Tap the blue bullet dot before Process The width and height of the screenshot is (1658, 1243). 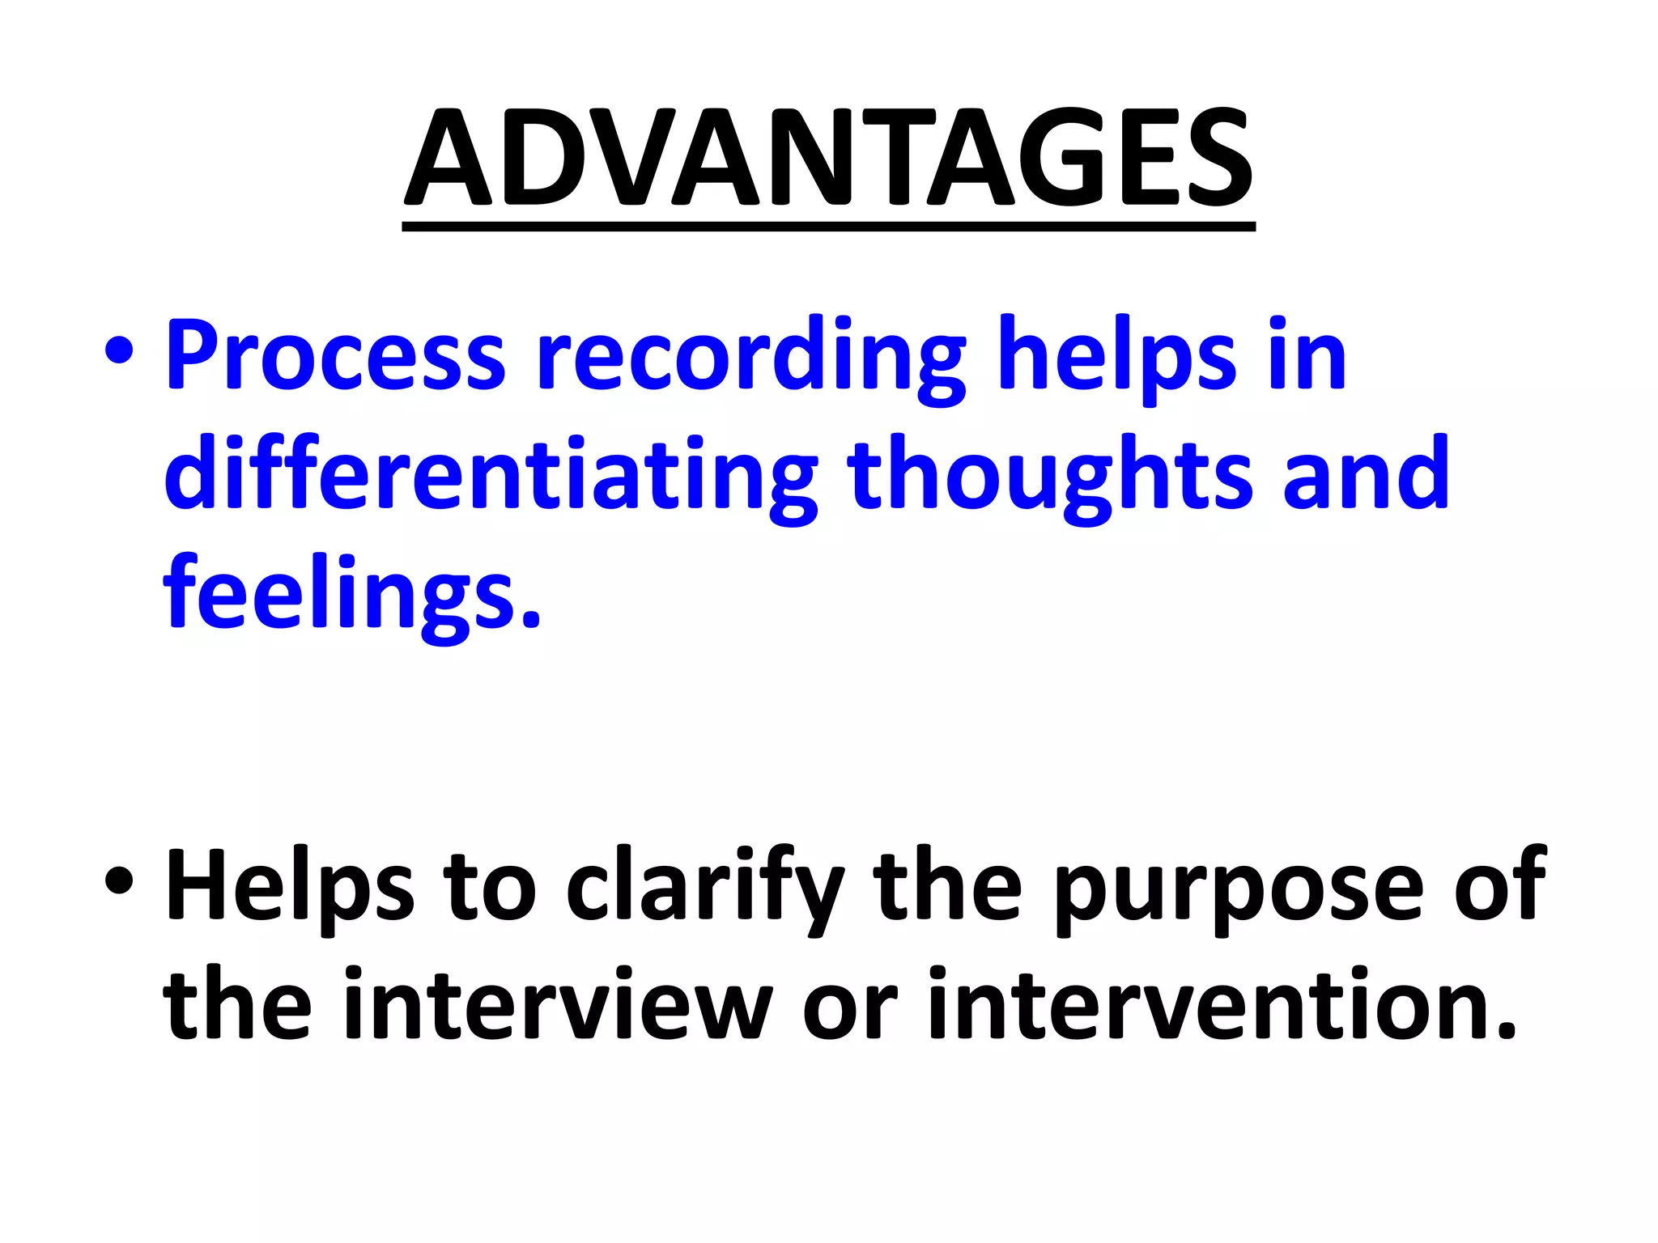coord(119,354)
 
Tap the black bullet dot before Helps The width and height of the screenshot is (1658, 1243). coord(119,884)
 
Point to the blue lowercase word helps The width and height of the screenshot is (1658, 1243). coord(1118,356)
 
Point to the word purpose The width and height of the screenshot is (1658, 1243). coord(1239,889)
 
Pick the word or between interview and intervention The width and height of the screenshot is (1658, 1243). coord(850,1010)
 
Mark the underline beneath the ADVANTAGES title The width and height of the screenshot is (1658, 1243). coord(829,227)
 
